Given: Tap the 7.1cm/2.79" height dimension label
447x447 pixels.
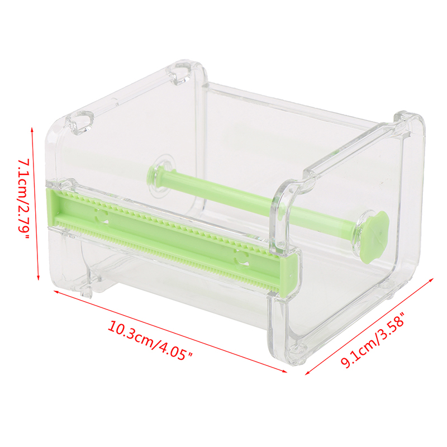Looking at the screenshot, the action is click(x=23, y=199).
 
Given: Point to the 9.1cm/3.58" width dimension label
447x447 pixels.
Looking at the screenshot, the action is click(x=373, y=339).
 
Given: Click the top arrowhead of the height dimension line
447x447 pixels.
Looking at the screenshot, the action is click(x=32, y=129).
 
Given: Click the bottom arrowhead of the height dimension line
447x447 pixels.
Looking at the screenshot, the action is click(x=38, y=278).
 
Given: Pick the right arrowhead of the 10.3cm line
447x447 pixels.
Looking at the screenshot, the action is click(x=285, y=371).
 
